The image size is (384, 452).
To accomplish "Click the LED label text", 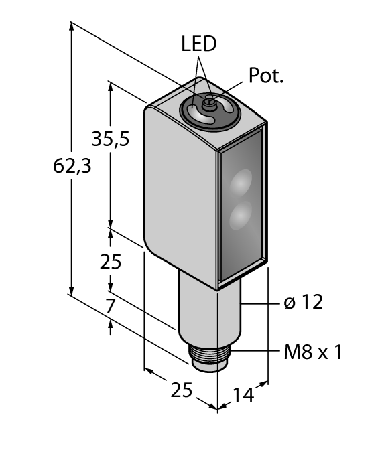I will click(199, 44).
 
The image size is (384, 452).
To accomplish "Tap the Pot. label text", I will click(266, 76).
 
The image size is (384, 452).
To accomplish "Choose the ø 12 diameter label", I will click(303, 303).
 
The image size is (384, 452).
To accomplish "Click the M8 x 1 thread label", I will click(312, 352).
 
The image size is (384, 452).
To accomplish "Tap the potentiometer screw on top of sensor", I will click(208, 102).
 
